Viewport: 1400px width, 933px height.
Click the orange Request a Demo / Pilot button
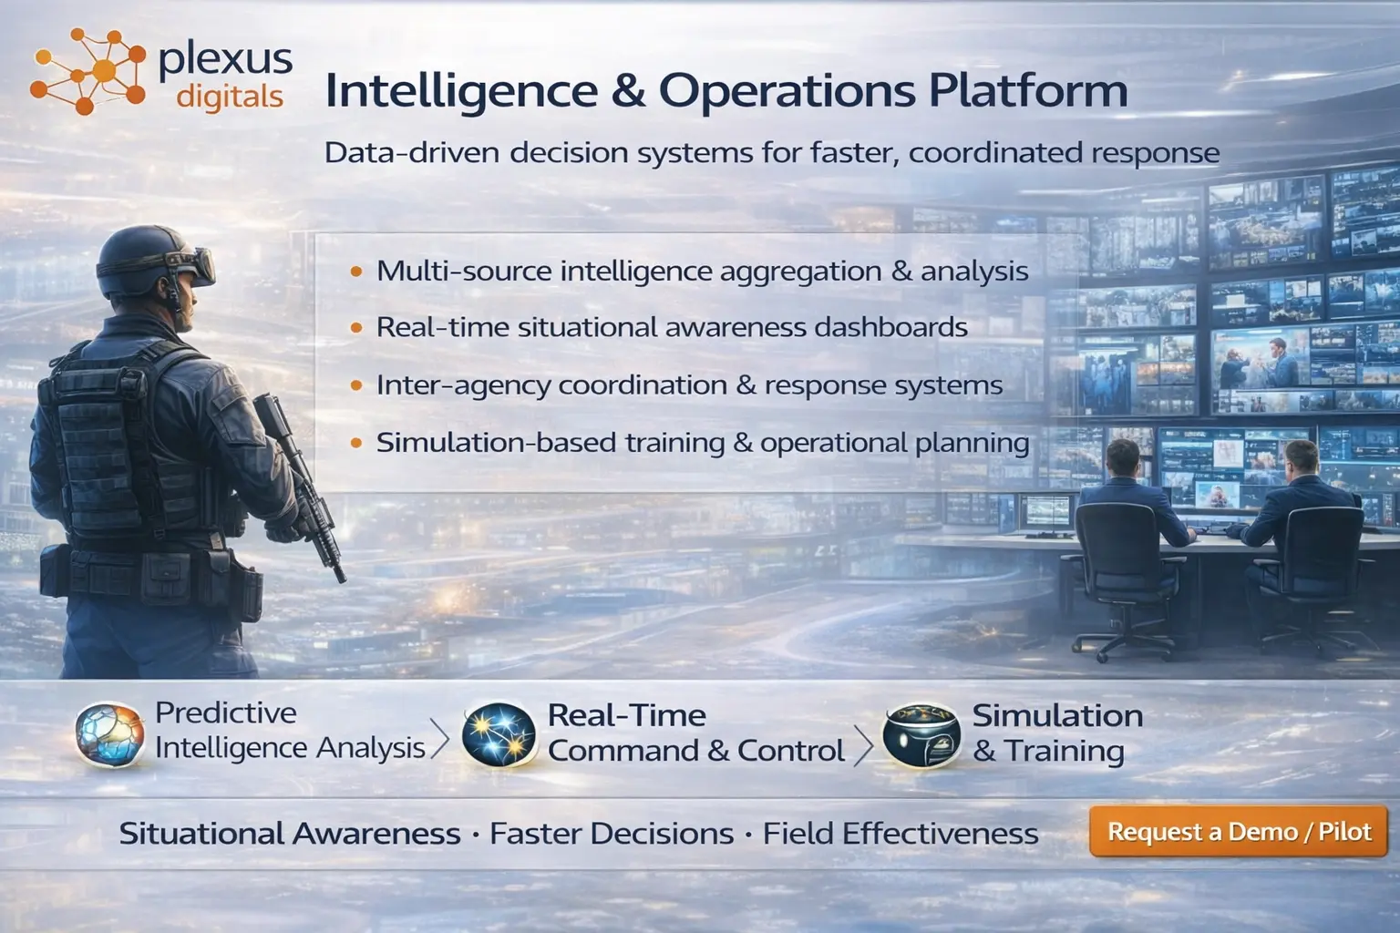(1239, 831)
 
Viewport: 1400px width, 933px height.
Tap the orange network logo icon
(87, 71)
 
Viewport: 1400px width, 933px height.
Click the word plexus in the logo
(225, 60)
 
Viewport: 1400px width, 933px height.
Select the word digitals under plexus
(230, 96)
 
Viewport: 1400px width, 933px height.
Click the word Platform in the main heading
(1028, 90)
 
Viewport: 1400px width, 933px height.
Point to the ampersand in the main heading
(628, 90)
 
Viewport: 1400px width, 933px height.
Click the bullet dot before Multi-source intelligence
(356, 272)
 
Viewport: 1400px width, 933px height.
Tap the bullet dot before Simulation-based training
(356, 444)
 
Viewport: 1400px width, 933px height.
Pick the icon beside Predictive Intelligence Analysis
(109, 733)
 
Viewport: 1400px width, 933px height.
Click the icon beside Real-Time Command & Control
(499, 734)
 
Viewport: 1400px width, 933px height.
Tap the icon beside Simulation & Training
(921, 734)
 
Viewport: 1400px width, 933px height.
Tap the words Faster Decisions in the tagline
(612, 834)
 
